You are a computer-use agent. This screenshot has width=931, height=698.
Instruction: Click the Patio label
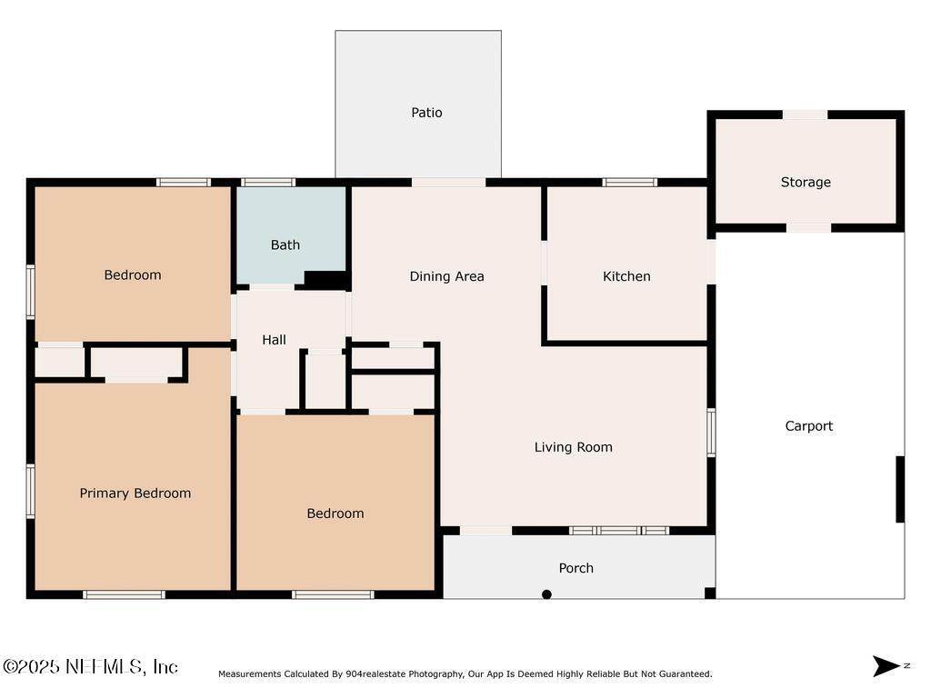[426, 112]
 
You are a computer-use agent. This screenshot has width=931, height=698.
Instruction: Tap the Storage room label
[806, 182]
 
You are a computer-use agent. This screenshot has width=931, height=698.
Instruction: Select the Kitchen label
[626, 276]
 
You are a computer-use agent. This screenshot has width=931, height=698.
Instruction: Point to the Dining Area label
[446, 276]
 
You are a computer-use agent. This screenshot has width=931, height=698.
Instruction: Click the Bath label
[285, 244]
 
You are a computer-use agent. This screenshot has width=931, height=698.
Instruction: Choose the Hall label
[274, 340]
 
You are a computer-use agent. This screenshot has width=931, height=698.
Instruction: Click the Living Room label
[573, 447]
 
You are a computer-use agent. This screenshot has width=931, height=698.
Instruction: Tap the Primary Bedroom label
[135, 494]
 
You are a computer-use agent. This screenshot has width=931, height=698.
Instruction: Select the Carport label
[808, 426]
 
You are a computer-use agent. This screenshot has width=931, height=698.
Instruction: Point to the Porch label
[576, 568]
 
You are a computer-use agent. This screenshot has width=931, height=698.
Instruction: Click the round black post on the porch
[546, 594]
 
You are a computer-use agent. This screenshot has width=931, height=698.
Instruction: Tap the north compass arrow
[886, 666]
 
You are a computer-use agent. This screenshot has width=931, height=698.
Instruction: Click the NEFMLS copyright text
[90, 666]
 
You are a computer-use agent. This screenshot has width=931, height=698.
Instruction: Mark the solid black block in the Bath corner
[325, 280]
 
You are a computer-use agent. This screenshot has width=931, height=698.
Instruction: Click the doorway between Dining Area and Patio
[448, 182]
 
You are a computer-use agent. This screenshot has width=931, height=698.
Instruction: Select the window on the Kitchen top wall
[629, 182]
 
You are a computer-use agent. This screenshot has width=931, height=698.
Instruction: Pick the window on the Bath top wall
[268, 182]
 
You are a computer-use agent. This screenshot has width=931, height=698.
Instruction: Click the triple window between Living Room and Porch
[619, 530]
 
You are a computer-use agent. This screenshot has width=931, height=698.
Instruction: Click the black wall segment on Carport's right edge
[900, 490]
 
